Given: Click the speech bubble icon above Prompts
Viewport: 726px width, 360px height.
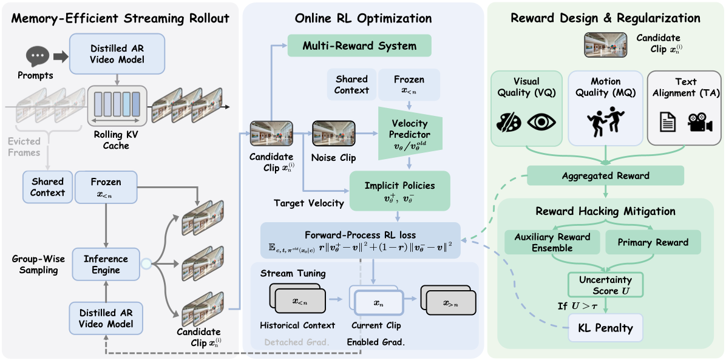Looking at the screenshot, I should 38,57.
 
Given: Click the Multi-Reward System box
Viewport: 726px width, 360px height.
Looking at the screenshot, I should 359,46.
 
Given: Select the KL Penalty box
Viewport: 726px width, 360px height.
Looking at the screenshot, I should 606,328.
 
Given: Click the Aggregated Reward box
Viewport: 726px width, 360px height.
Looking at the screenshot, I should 605,176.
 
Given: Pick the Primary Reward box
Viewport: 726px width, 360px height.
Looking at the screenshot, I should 653,242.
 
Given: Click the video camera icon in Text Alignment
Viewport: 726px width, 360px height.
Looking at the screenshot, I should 699,123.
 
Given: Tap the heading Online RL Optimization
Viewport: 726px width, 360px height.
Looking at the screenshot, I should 364,18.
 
